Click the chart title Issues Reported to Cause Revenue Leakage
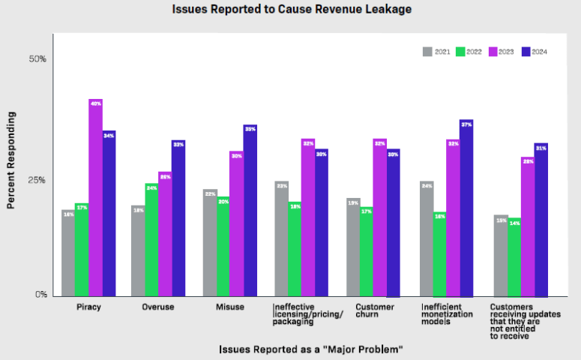(290, 10)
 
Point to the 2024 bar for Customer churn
(394, 221)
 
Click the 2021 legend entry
(437, 52)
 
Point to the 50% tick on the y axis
(37, 58)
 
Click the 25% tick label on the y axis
(37, 180)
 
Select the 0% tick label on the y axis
(40, 295)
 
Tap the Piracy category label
(89, 307)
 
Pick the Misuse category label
(230, 307)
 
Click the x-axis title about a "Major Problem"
(311, 349)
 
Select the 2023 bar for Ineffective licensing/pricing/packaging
(307, 217)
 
